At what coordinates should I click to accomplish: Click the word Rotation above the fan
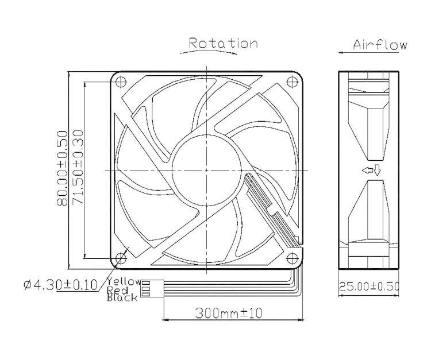point(223,43)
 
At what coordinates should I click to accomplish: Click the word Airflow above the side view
point(380,45)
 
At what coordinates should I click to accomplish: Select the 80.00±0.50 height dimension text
point(63,170)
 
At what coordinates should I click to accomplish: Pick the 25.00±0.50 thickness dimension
point(368,286)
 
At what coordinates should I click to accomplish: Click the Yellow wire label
point(123,281)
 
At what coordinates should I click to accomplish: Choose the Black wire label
point(122,297)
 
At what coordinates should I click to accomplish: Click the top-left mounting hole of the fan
point(121,82)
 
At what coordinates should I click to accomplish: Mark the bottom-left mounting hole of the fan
point(121,258)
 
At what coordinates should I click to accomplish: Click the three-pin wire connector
point(147,289)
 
